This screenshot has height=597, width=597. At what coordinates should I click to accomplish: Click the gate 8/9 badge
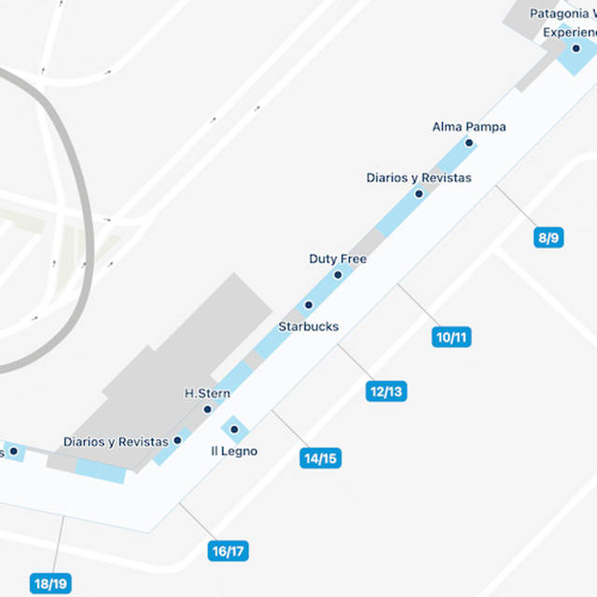(x=548, y=238)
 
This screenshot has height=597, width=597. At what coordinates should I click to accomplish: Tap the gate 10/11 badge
(x=451, y=337)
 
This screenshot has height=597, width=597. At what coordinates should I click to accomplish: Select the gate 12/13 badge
(x=385, y=391)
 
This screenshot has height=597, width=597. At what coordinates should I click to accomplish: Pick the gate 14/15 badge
(x=319, y=458)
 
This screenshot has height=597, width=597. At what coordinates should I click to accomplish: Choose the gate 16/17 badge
(x=228, y=551)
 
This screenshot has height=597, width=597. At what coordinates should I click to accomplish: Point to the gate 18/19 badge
(x=49, y=584)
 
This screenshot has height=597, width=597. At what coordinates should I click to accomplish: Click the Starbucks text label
(x=308, y=326)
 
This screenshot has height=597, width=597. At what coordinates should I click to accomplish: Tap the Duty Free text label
(x=338, y=258)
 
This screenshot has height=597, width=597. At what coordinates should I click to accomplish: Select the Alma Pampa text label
(x=469, y=126)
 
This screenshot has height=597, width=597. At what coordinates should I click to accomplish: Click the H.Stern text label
(x=208, y=394)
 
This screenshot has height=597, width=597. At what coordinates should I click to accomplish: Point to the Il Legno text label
(x=233, y=451)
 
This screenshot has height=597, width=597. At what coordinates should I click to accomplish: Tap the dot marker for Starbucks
(x=308, y=305)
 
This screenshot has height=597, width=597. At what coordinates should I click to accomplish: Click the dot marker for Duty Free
(x=338, y=275)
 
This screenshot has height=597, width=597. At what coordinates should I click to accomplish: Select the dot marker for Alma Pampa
(x=469, y=143)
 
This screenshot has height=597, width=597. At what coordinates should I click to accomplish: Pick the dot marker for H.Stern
(x=207, y=410)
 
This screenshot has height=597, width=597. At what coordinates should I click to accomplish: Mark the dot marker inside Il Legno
(x=234, y=429)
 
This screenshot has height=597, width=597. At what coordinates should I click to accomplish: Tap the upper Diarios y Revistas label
(x=419, y=177)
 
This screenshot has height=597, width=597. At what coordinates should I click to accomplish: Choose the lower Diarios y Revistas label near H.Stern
(x=116, y=441)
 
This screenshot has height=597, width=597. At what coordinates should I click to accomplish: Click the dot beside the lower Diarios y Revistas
(x=177, y=440)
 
